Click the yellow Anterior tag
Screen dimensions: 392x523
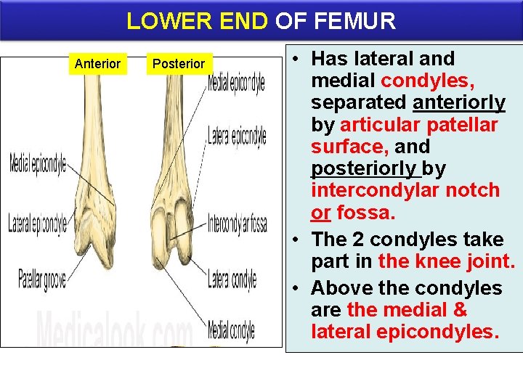tap(97, 64)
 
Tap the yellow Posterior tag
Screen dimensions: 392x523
tap(178, 64)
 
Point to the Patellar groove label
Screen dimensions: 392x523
tap(41, 279)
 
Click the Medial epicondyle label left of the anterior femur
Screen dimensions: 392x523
tap(37, 163)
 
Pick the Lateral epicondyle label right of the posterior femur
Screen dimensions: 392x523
tap(237, 136)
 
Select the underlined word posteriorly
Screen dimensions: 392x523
tap(365, 168)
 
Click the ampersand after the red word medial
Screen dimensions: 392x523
tap(460, 310)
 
